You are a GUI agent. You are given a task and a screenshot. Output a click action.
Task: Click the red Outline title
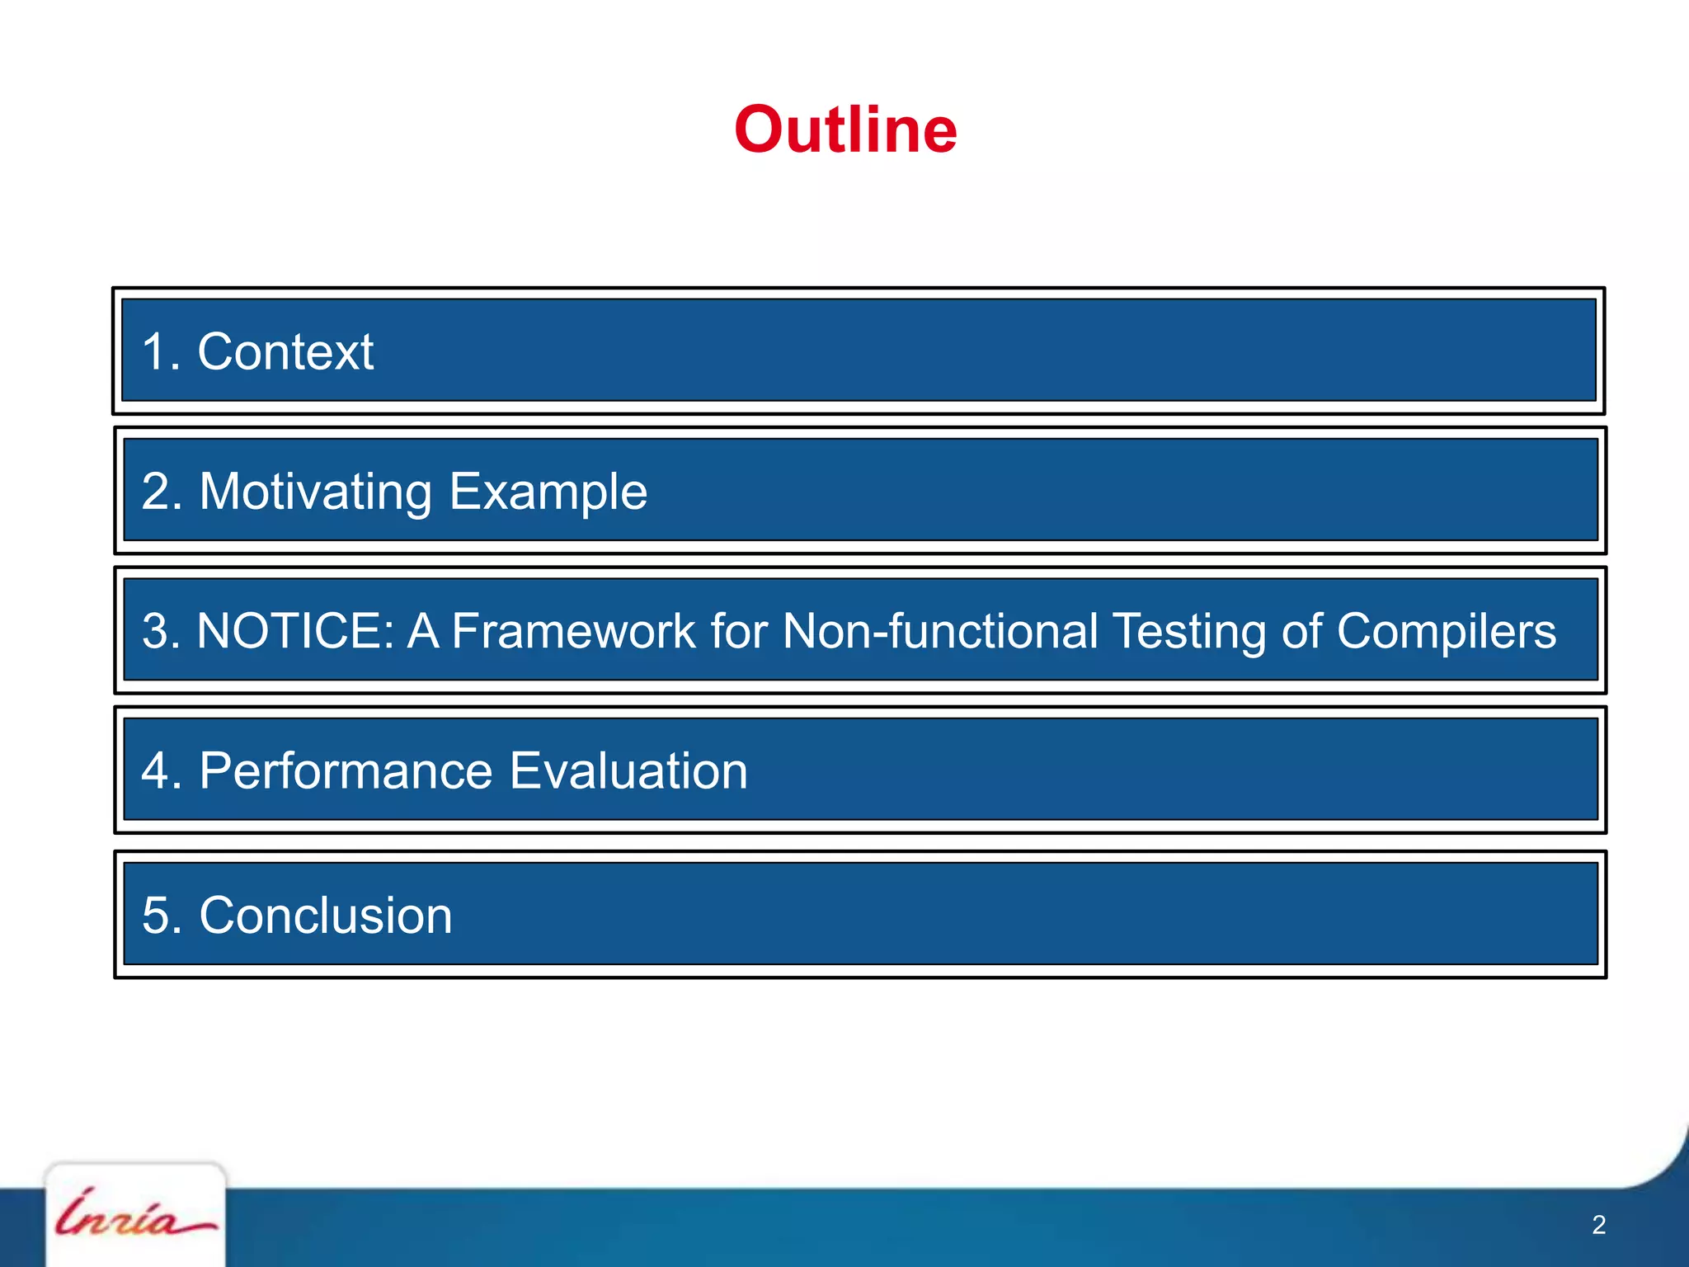tap(845, 130)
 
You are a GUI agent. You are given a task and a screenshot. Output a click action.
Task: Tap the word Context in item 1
tap(285, 352)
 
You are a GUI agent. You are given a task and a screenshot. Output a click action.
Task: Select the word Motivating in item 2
tap(316, 492)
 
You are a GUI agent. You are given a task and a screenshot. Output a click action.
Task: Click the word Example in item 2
tap(548, 492)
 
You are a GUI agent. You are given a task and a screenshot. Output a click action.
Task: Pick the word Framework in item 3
tap(572, 631)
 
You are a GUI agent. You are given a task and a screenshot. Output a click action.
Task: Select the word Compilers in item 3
tap(1446, 633)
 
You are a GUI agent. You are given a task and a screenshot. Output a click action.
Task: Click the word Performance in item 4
tap(346, 771)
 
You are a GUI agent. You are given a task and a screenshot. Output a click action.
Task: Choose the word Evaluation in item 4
tap(628, 771)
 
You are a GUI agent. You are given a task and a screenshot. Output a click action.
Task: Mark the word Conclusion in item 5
tap(326, 916)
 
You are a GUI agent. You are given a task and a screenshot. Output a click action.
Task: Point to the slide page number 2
tap(1598, 1225)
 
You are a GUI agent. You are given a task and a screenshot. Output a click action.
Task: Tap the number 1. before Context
tap(161, 352)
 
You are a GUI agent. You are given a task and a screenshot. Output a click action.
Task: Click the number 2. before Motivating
tap(162, 492)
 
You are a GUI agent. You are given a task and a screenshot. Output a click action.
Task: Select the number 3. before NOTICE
tap(162, 631)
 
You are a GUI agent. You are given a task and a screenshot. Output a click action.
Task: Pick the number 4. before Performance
tap(162, 771)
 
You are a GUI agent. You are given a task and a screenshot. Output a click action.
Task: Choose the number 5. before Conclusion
tap(162, 916)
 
